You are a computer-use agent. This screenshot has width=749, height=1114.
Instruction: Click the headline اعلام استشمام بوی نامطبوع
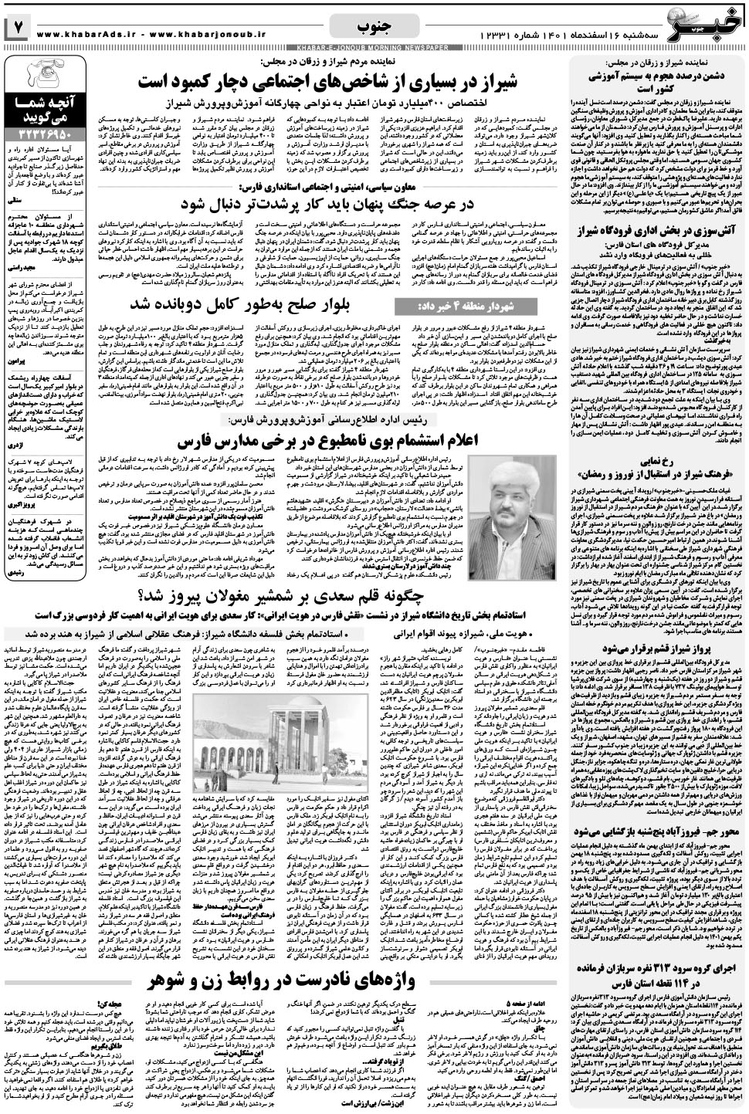(333, 443)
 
